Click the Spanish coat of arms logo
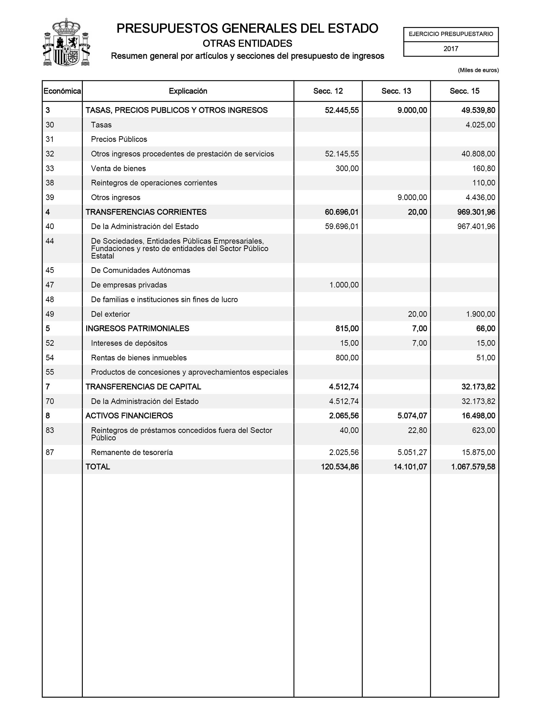[x=66, y=42]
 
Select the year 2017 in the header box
[x=451, y=49]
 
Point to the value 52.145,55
[x=342, y=154]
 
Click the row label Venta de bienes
[x=118, y=169]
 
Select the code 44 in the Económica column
[x=50, y=241]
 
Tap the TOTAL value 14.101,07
[x=410, y=467]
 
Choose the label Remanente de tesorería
[x=132, y=452]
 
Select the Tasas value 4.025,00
[x=480, y=125]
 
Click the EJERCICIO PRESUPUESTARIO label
[x=451, y=34]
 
